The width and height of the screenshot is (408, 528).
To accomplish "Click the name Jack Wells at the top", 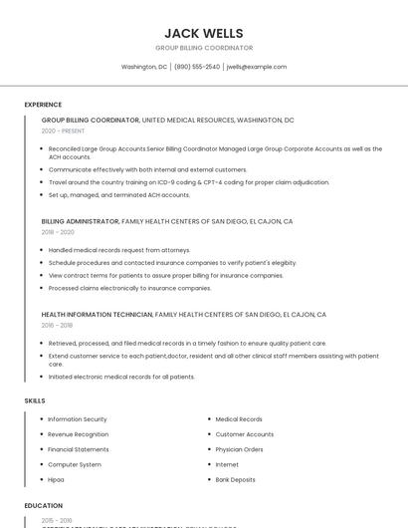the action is [204, 33].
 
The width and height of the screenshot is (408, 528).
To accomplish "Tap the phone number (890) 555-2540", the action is [197, 67].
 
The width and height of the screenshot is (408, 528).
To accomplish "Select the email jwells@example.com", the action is [257, 67].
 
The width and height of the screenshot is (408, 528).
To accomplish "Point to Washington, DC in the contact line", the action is [144, 67].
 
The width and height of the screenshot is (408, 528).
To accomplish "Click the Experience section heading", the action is [43, 105].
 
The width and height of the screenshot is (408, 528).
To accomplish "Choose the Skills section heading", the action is [35, 400].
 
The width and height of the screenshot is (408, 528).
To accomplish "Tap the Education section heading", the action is [44, 505].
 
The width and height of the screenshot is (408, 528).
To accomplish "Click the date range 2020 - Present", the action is [63, 131].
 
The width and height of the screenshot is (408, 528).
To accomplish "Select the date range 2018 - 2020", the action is [58, 231].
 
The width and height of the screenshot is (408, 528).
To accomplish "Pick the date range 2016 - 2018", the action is [57, 325].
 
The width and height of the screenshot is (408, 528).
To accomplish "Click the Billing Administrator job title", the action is [80, 221].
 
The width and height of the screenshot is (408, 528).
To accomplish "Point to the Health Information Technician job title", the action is [97, 314].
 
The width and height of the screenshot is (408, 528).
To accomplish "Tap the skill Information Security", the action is [78, 419].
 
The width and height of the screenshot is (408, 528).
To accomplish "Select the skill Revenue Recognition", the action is [79, 434].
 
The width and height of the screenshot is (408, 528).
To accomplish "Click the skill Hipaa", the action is [56, 479].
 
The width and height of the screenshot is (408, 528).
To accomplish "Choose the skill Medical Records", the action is [239, 419].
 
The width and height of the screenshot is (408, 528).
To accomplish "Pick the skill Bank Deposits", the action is [236, 479].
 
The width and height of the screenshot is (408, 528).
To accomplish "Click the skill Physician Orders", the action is [240, 449].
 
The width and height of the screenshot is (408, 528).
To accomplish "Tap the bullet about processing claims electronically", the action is [129, 288].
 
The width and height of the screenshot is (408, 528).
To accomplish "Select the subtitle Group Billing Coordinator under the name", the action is [204, 48].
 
